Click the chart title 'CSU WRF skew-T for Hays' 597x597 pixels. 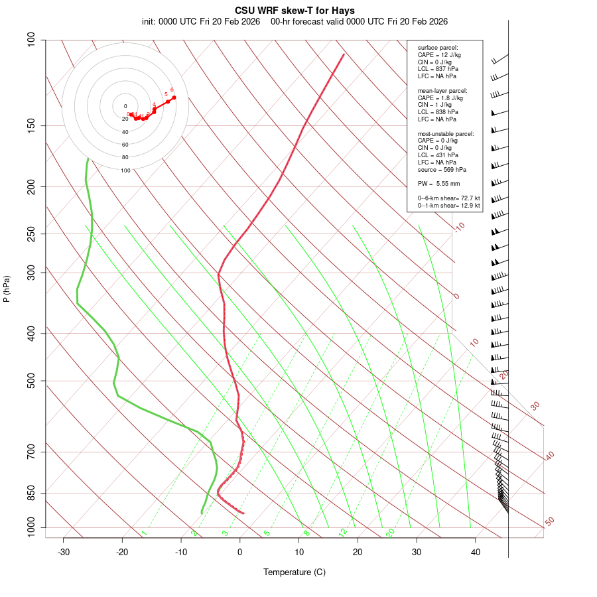coord(295,11)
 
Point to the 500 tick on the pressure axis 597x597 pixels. coord(31,381)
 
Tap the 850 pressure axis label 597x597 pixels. coord(31,493)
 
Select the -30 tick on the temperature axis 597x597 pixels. coord(64,552)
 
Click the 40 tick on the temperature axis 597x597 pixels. coord(475,552)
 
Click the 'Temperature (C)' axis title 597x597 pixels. coord(295,572)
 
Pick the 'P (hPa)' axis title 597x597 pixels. coord(7,289)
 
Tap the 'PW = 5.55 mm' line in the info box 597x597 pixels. coord(438,183)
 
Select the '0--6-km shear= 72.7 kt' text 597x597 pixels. coord(448,198)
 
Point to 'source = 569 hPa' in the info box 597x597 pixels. coord(440,169)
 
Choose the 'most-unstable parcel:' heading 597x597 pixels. coord(446,134)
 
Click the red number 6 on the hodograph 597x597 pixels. coord(172,90)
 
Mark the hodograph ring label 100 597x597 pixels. coord(125,170)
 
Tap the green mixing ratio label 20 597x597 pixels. coord(390,532)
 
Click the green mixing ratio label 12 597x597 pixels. coord(343,532)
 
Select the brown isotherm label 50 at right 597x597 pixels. coord(549,521)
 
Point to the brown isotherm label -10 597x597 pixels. coord(458,227)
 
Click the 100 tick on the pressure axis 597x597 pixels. coord(31,40)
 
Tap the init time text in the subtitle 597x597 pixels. coord(200,21)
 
